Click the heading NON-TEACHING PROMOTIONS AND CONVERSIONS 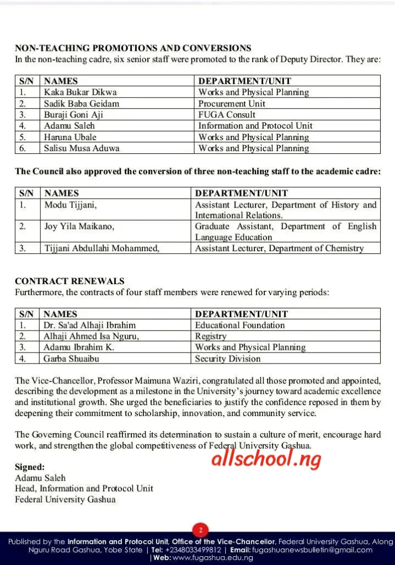tap(133, 49)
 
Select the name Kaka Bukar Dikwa tap(81, 92)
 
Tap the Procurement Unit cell tap(232, 104)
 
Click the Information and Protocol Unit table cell tap(255, 126)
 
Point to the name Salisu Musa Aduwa tap(82, 148)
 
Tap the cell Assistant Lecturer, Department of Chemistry tap(279, 248)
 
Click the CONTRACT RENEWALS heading tap(70, 281)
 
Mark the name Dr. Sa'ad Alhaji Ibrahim tap(89, 325)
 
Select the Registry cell tap(211, 336)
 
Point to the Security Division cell tap(228, 358)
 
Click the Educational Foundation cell tap(240, 325)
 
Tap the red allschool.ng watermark tap(266, 457)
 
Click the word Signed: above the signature tap(30, 467)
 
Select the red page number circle tap(200, 530)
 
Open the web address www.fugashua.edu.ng tap(212, 558)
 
